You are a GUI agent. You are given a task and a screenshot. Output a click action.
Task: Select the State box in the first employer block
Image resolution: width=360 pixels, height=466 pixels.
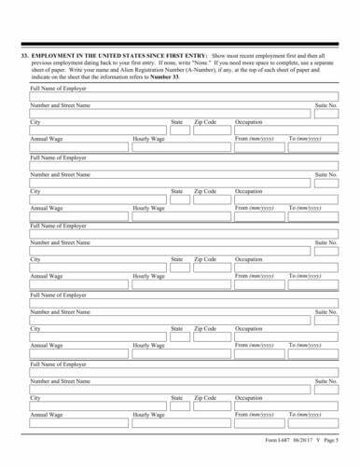[178, 131]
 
